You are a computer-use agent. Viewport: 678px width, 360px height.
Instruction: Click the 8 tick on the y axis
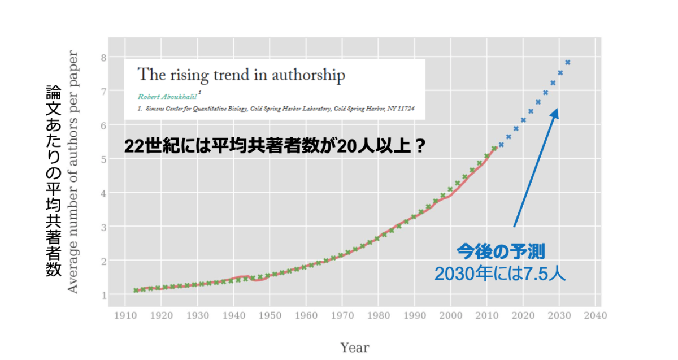(x=103, y=58)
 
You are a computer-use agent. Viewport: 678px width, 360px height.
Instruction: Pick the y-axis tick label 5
(x=103, y=159)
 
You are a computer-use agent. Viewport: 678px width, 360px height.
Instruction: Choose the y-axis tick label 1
(x=103, y=295)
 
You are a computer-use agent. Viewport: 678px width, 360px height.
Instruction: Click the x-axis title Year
(x=354, y=348)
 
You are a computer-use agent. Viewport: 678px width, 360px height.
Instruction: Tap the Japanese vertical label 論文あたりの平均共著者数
(x=53, y=181)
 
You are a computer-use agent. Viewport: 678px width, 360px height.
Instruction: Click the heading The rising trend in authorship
(x=241, y=75)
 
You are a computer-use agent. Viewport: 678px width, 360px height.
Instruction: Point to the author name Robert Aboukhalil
(x=167, y=96)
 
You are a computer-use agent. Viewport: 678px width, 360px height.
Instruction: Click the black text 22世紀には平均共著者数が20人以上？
(x=274, y=146)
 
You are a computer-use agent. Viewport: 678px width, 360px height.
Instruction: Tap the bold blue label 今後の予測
(x=500, y=251)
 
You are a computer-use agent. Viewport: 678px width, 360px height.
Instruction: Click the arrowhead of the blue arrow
(x=556, y=113)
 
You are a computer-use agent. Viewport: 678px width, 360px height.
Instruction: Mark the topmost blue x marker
(x=567, y=62)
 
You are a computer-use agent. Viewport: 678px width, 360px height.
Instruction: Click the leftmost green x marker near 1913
(x=136, y=290)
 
